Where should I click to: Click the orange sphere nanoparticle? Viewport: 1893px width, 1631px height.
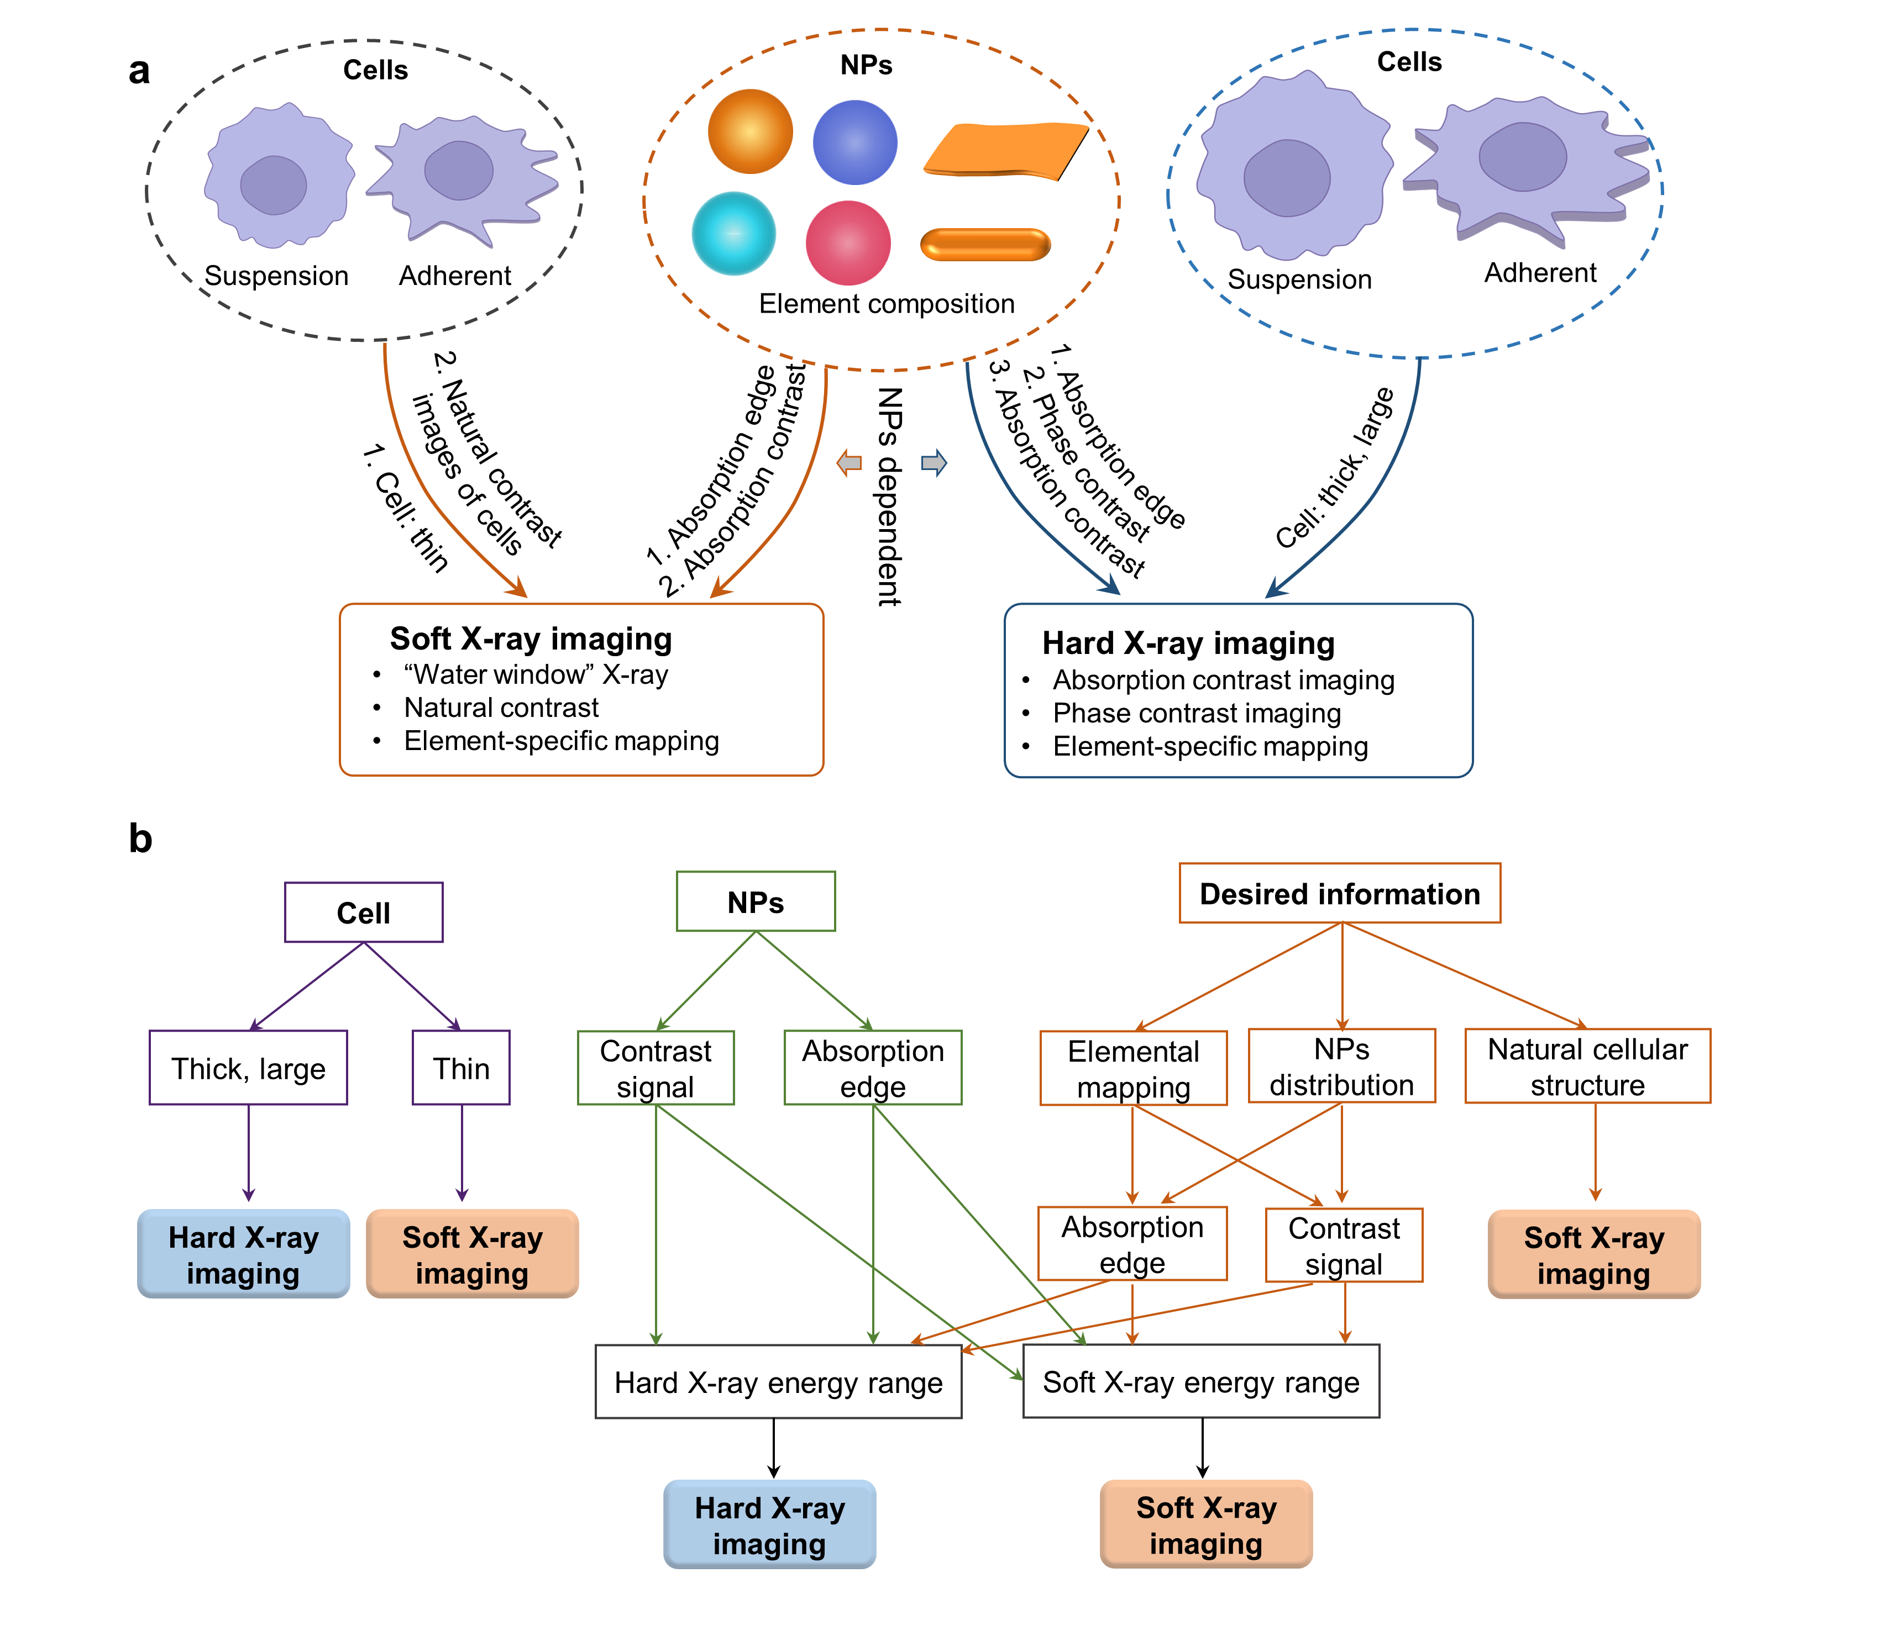click(x=750, y=131)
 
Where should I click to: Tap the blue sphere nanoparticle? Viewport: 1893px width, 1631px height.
click(x=855, y=142)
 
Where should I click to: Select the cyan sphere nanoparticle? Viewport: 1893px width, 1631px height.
click(x=733, y=234)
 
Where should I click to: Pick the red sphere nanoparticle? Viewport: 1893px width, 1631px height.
click(x=848, y=243)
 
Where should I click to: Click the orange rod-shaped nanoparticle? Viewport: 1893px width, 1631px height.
click(x=985, y=245)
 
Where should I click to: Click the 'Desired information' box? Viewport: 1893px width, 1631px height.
click(x=1339, y=893)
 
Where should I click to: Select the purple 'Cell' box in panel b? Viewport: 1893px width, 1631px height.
click(x=364, y=912)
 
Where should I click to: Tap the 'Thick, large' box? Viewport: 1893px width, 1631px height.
click(x=249, y=1068)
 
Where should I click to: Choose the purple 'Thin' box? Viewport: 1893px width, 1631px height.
click(x=462, y=1068)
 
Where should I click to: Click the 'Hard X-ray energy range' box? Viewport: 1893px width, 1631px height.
click(x=778, y=1382)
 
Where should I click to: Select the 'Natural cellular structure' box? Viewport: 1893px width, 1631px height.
click(x=1587, y=1066)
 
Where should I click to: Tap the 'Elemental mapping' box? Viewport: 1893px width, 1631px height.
click(x=1133, y=1068)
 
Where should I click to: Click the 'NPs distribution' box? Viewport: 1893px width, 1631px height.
click(x=1341, y=1066)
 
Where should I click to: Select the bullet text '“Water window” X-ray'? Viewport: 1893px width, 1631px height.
click(x=536, y=675)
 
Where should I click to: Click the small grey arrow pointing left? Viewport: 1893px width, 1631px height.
click(x=850, y=463)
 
